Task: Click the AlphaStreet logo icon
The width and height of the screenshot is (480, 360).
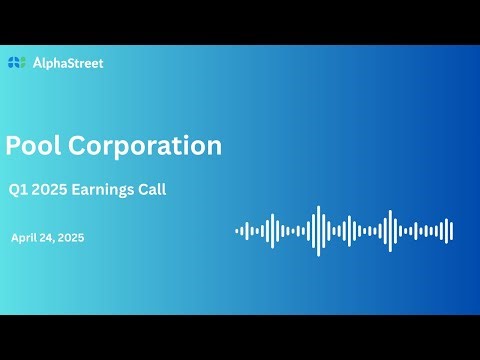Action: [16, 63]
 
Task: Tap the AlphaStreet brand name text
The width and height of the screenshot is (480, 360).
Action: [67, 63]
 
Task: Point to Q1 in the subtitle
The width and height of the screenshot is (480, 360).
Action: [18, 190]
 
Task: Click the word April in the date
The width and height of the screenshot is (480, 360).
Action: [26, 238]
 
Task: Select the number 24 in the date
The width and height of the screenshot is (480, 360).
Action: [52, 238]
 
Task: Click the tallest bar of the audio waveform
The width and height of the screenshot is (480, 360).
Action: [318, 231]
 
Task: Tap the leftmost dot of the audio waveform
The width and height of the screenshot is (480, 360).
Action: [237, 231]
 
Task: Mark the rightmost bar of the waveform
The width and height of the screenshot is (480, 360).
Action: [452, 231]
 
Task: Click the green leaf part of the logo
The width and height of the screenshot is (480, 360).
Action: [19, 60]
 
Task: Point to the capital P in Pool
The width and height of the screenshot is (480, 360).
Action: [13, 146]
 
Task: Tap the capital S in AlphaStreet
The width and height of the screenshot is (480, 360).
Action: [76, 63]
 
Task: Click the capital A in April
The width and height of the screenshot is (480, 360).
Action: [15, 238]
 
